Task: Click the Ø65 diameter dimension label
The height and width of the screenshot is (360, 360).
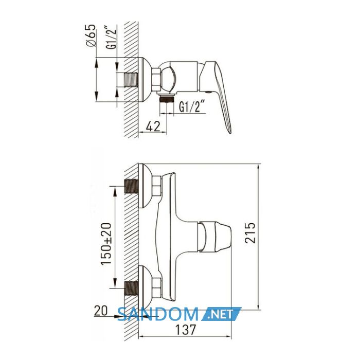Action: point(91,35)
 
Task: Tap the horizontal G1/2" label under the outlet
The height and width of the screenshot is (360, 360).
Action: point(191,106)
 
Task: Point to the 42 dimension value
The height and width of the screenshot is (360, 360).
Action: point(153,127)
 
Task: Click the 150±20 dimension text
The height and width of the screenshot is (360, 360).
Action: point(106,244)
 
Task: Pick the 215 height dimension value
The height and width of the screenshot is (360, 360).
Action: point(250,232)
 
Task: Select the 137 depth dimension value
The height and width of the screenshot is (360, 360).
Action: point(186,330)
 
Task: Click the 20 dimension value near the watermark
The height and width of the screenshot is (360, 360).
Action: point(101,311)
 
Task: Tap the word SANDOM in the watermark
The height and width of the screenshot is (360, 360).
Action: point(158,314)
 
